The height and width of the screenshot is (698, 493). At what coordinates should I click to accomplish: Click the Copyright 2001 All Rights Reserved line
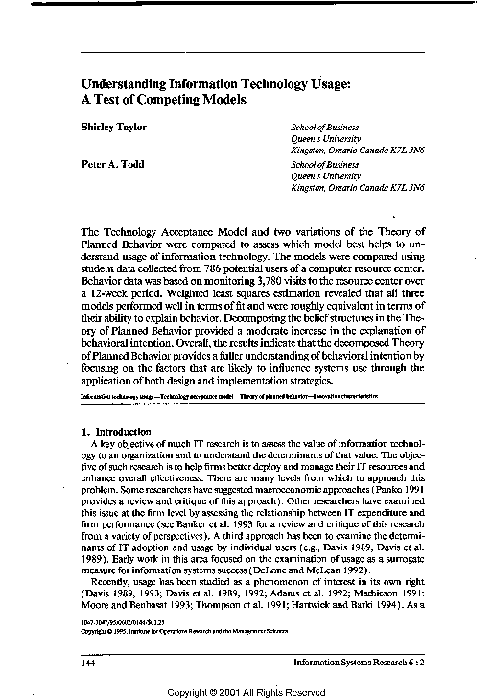click(247, 689)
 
